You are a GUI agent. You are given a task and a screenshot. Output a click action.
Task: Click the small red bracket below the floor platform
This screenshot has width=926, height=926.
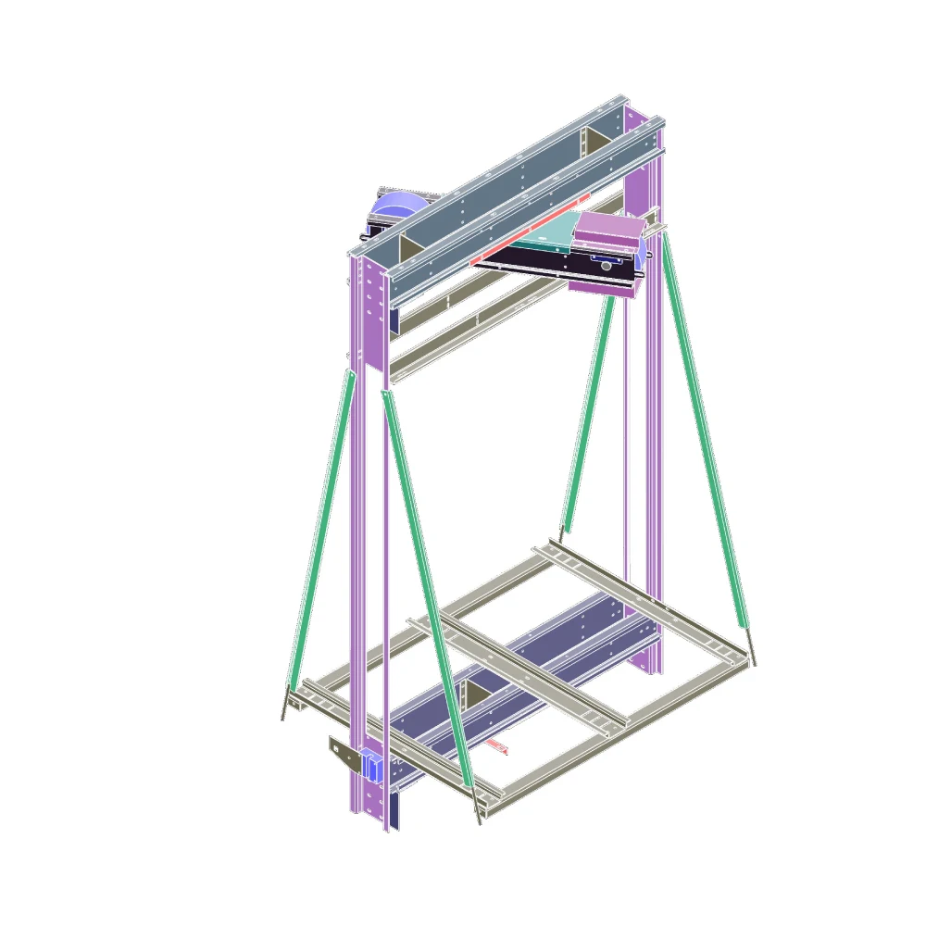point(497,745)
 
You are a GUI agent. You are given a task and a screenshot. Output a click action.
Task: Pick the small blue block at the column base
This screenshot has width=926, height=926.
point(372,766)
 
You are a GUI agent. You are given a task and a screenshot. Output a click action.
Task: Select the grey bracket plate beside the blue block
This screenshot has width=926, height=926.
point(344,755)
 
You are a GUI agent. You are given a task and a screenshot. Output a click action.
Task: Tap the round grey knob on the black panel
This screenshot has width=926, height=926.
point(606,266)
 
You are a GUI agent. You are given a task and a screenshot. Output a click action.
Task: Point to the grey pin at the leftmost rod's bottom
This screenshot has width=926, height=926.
point(284,706)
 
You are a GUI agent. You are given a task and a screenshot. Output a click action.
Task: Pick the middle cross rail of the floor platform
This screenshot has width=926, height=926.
point(519,671)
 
